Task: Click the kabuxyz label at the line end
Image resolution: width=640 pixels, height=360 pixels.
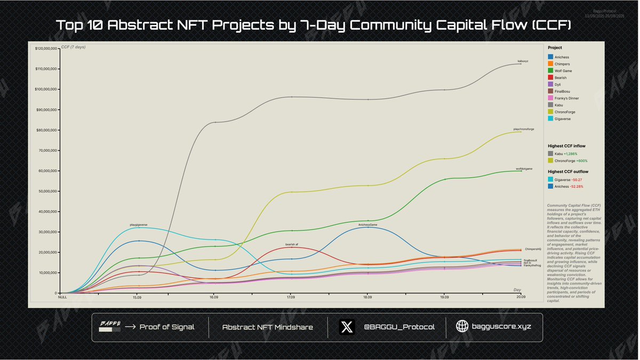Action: tap(523, 61)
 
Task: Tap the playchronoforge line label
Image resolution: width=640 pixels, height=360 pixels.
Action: tap(523, 129)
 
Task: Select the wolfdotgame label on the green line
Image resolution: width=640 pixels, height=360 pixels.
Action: tap(524, 169)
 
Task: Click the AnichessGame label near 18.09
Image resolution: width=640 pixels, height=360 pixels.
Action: tap(367, 225)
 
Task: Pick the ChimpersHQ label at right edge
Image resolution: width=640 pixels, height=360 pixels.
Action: tap(533, 249)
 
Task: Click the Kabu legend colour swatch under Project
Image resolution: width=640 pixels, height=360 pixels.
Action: tap(550, 106)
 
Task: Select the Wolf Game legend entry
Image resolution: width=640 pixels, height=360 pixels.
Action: tap(563, 71)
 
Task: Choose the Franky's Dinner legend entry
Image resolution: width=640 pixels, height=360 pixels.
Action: tap(566, 99)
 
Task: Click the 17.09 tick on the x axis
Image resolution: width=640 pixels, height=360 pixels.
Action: tap(291, 297)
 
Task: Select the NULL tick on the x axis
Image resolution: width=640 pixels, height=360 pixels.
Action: tap(62, 297)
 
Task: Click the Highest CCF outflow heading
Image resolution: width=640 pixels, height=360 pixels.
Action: tap(569, 172)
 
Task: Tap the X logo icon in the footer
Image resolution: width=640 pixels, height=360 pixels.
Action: tap(347, 327)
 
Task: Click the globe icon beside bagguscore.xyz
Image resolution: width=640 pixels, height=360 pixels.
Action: tap(462, 327)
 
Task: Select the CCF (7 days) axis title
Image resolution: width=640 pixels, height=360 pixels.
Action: tap(73, 47)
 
